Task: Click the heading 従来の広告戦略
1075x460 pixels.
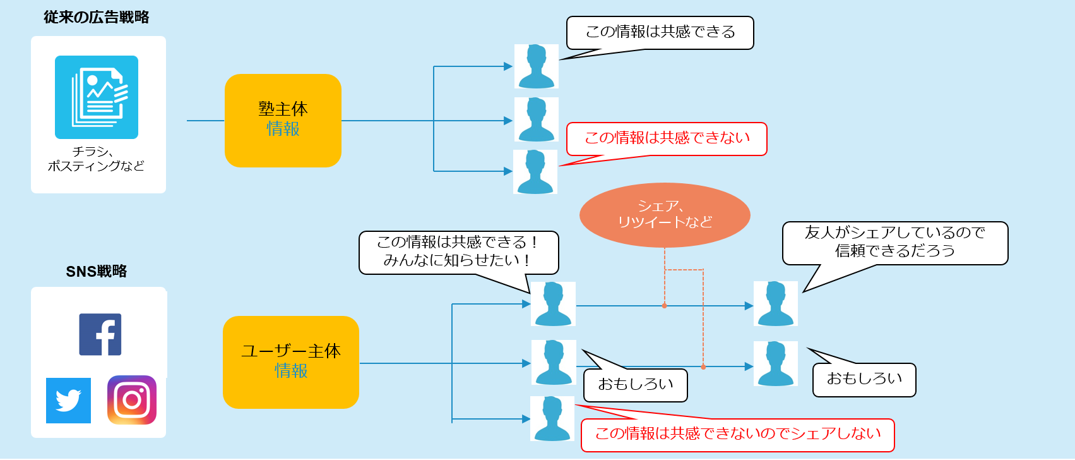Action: pos(96,17)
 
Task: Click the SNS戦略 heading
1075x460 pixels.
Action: pos(96,271)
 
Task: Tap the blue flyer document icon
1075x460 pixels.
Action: pos(97,97)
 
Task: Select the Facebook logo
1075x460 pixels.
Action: pos(100,334)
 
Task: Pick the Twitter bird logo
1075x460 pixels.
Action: pos(68,401)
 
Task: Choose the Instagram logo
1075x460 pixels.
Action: pos(132,400)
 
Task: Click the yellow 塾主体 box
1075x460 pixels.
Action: pos(283,120)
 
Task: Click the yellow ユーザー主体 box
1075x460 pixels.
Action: pos(290,362)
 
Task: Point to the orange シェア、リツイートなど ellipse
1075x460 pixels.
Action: pos(665,215)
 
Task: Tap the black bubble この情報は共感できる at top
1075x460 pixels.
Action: pos(660,33)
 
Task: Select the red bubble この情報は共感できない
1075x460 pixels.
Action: pos(667,139)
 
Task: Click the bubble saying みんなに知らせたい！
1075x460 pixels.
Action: pos(458,252)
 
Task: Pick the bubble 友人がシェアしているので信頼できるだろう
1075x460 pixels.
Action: pos(894,243)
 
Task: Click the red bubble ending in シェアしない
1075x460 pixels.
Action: pos(737,435)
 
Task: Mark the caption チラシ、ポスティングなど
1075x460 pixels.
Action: pos(96,159)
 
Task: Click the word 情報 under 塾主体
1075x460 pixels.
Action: pos(283,129)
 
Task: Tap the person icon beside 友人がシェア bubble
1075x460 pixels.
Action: pos(775,304)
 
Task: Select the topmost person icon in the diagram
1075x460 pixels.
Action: pos(536,66)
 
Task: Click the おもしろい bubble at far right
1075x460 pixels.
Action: pos(864,380)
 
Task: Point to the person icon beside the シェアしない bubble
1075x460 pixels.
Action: pos(552,418)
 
